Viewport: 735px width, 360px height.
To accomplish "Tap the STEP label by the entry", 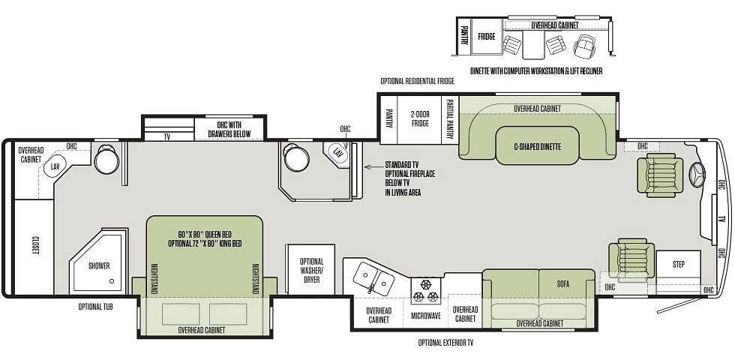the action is (x=679, y=264).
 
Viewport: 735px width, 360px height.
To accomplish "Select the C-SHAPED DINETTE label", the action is (x=537, y=147).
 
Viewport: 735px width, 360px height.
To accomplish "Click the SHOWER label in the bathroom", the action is (x=99, y=265).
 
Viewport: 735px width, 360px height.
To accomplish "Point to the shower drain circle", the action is (x=112, y=281).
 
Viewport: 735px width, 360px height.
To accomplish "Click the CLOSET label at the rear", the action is (x=35, y=245).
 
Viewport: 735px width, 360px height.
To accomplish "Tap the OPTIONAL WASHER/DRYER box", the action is (x=311, y=269).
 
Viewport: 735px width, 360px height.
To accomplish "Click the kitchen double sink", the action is (x=373, y=278).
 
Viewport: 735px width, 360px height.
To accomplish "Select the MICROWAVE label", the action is (x=426, y=316).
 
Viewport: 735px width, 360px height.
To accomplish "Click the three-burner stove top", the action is (x=426, y=291).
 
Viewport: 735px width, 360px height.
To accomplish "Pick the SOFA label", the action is (x=563, y=284).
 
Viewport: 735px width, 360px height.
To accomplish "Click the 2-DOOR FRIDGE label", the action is (x=420, y=118).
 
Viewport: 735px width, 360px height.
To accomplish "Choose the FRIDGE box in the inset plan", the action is (x=487, y=36).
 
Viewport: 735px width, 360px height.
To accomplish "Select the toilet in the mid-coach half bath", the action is (x=296, y=157).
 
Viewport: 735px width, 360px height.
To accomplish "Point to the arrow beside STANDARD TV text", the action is (x=373, y=166).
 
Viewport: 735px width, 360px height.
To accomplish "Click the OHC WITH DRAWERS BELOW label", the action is (x=229, y=129).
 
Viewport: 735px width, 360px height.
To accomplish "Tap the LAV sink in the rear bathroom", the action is (x=55, y=166).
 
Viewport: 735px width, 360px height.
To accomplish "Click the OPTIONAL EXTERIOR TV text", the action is (x=445, y=343).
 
